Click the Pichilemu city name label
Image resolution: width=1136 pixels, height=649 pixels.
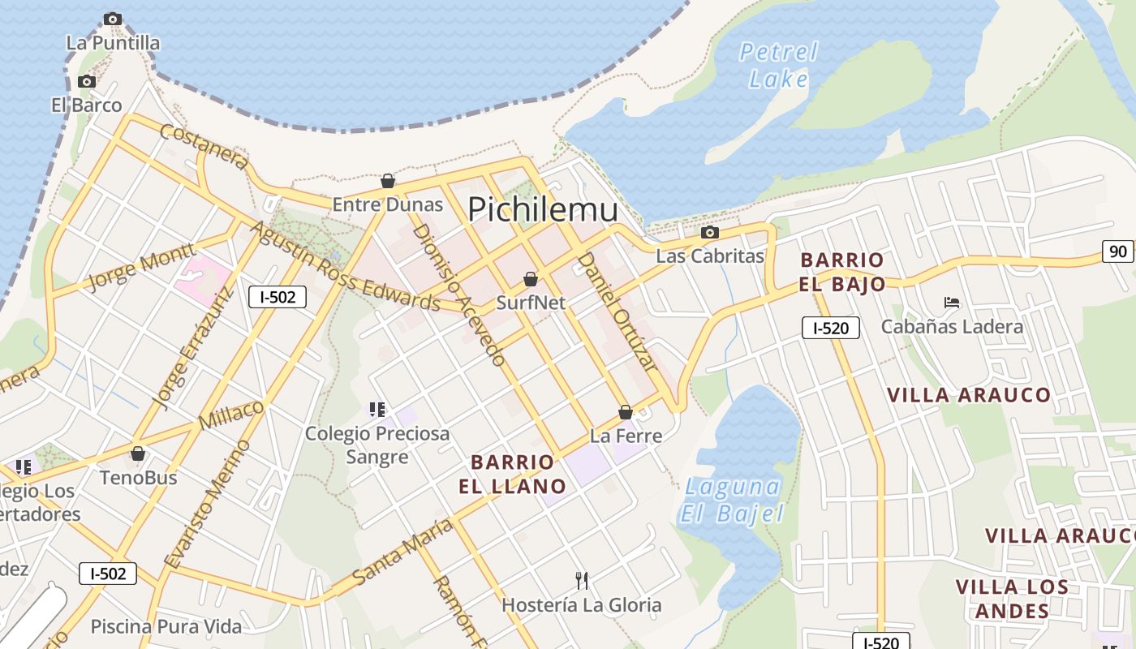coord(543,209)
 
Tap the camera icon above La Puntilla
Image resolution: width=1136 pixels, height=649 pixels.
coord(113,19)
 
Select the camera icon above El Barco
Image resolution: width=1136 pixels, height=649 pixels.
coord(86,81)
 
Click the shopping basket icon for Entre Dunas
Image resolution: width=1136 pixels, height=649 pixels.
coord(388,180)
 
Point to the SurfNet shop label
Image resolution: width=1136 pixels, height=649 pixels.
coord(531,302)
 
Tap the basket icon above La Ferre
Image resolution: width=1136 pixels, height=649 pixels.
coord(626,412)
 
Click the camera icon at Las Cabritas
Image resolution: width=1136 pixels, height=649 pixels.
coord(709,233)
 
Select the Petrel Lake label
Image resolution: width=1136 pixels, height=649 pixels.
coord(779,65)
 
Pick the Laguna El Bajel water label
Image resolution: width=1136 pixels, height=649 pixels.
coord(732,500)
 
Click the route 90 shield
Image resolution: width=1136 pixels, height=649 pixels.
coord(1118,251)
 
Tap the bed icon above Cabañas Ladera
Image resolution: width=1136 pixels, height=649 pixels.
coord(952,303)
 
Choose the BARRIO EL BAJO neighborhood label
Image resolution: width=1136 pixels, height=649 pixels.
coord(841,272)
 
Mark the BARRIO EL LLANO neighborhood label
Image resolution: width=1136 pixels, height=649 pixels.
coord(513,474)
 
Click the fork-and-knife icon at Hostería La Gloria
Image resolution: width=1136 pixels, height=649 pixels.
coord(581,580)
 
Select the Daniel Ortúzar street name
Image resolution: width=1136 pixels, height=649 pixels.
coord(616,311)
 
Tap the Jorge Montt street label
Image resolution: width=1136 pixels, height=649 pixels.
coord(140,266)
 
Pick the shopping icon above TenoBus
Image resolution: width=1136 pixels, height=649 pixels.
coord(138,453)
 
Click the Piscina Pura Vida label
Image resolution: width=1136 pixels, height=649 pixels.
coord(166,626)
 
